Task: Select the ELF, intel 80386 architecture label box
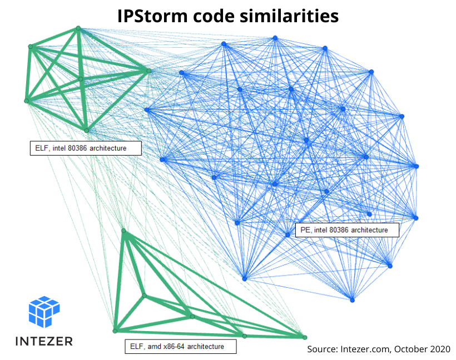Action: [85, 148]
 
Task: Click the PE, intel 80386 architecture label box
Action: [346, 230]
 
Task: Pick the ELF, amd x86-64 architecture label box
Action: [180, 347]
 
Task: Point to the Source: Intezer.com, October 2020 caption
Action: [379, 349]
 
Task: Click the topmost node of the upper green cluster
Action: [78, 28]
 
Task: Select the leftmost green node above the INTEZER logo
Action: [116, 331]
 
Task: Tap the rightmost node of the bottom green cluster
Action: [304, 337]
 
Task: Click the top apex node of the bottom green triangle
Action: [123, 231]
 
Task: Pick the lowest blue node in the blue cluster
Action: [352, 300]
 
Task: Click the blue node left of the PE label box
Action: [288, 234]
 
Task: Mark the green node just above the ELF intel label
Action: [86, 131]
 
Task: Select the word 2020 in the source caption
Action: [439, 349]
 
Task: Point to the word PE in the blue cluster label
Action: [304, 230]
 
